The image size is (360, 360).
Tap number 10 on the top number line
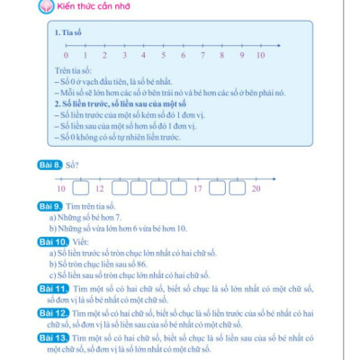pos(261,56)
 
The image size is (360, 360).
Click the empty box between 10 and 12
pos(80,189)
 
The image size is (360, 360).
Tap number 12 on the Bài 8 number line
pos(99,189)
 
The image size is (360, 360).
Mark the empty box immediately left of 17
pos(176,189)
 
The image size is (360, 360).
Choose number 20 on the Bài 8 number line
pos(256,189)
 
